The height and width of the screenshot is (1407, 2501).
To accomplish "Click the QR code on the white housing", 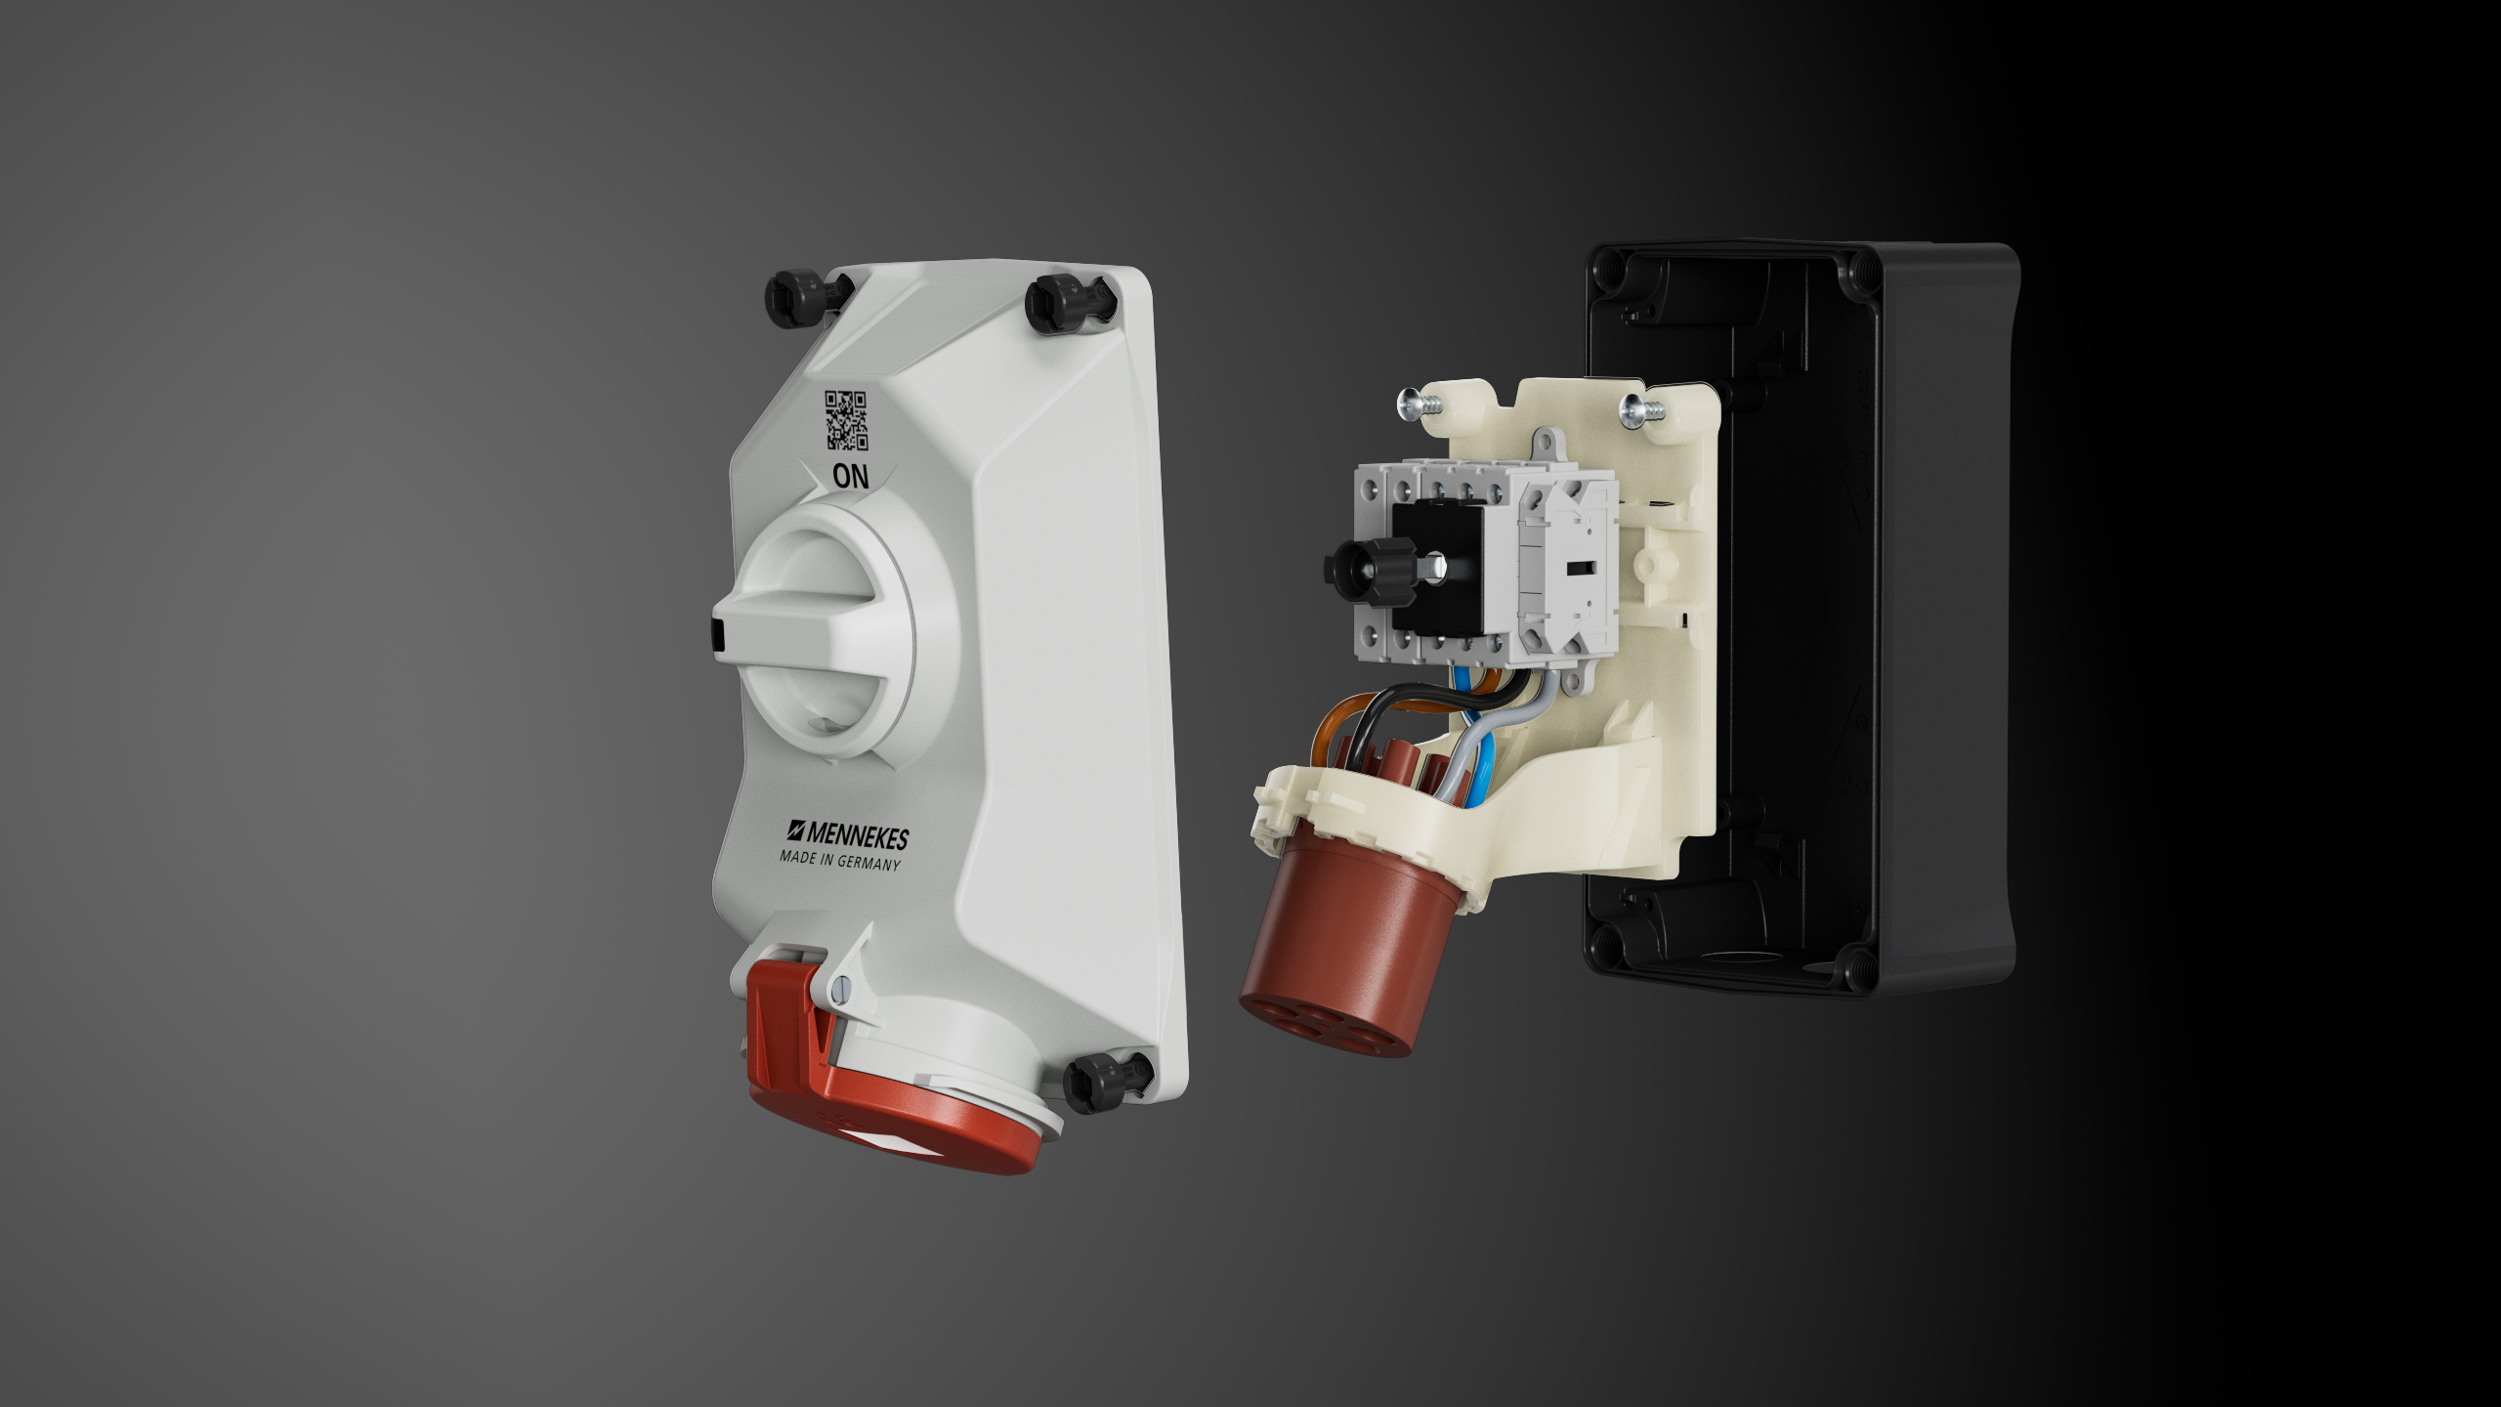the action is click(x=846, y=420).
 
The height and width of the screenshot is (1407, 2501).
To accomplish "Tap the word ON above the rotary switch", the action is click(x=850, y=476).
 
